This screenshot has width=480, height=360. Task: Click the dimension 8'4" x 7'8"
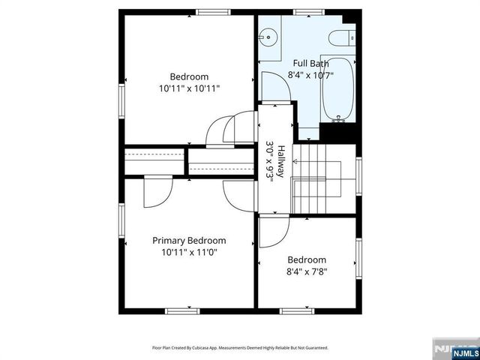point(307,272)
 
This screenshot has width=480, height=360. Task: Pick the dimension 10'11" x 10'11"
point(189,88)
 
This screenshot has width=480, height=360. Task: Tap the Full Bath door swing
point(275,88)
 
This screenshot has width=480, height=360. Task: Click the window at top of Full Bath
point(304,13)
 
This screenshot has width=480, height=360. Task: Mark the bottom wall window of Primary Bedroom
point(182,310)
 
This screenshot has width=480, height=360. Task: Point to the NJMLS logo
point(454,349)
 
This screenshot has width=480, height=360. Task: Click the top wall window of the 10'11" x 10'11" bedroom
point(213,13)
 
